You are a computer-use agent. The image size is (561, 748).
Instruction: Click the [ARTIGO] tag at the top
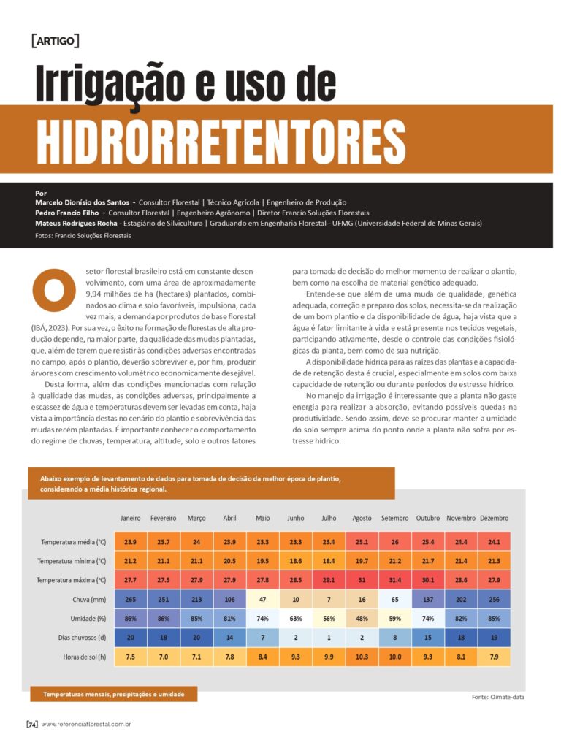pos(56,40)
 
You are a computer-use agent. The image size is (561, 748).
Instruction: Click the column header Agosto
pos(362,518)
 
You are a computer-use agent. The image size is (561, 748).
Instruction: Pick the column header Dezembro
pos(494,518)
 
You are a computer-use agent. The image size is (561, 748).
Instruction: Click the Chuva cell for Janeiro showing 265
pos(130,599)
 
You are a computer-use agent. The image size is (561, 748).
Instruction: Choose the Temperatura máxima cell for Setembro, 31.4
pos(394,580)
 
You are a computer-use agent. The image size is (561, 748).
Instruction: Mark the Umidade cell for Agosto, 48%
pos(362,618)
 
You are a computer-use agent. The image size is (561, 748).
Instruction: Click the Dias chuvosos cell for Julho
pos(329,637)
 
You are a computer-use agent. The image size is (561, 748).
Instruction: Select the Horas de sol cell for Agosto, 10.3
pos(362,656)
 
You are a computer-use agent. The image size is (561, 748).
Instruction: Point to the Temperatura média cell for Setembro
pos(394,542)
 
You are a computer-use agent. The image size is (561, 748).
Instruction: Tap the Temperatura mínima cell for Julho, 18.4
pos(329,561)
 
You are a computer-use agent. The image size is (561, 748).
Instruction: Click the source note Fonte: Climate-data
pos(498,697)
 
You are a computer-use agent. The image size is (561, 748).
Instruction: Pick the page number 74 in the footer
pos(32,725)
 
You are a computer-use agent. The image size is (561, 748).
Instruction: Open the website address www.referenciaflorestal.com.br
pos(86,725)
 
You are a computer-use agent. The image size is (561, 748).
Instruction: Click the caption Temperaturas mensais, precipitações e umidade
pos(113,693)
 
